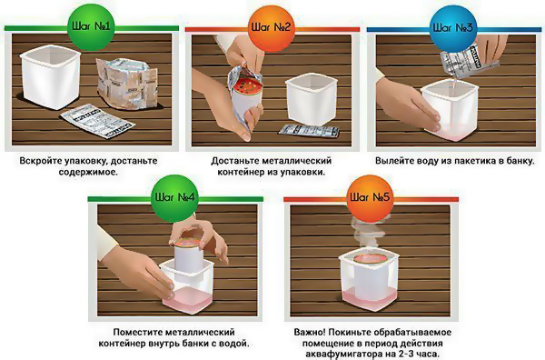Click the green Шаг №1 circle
(91, 27)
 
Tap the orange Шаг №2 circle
(271, 27)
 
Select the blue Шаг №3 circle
(452, 27)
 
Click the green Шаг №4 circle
(175, 198)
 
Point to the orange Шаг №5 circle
(370, 198)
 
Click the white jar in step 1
(50, 79)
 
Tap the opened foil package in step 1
(126, 84)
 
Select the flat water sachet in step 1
(97, 121)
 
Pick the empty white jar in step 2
(311, 99)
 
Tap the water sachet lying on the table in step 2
(309, 130)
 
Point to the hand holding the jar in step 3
(407, 104)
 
